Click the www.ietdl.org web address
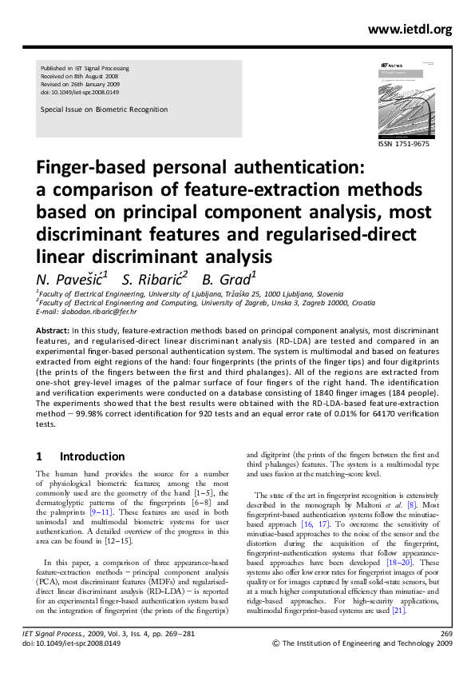point(410,30)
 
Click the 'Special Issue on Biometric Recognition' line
point(104,110)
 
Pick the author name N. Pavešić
point(70,279)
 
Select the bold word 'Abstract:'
point(53,330)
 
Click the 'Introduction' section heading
point(92,457)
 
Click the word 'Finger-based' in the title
point(101,170)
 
